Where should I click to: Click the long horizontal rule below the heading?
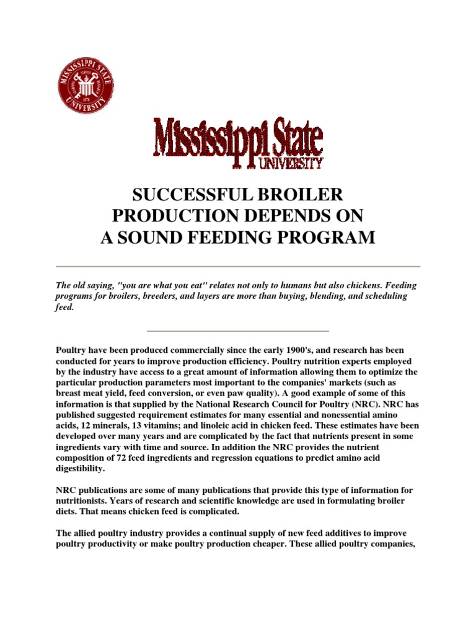[x=238, y=266]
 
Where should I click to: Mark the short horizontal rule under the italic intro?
[x=238, y=331]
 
